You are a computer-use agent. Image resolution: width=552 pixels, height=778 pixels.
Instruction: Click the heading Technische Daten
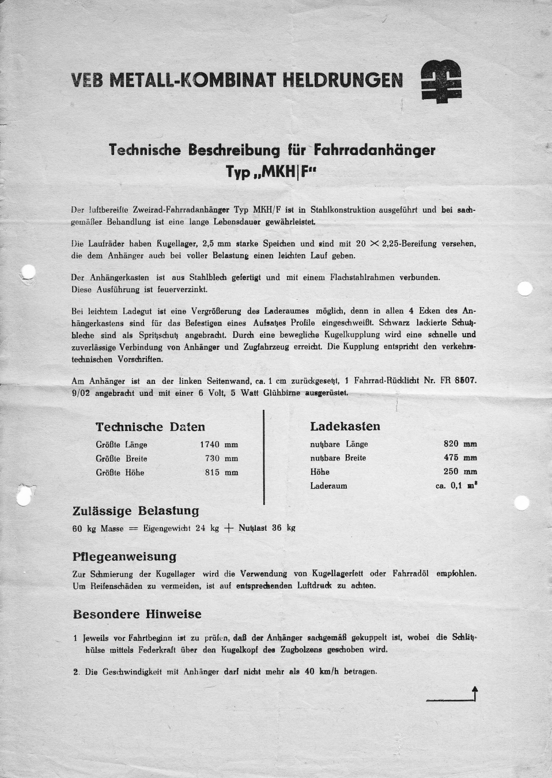tap(150, 427)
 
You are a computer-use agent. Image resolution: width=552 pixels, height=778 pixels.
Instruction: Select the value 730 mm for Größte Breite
tap(221, 459)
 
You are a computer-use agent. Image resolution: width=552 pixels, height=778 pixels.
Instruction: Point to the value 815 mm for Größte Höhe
tap(221, 473)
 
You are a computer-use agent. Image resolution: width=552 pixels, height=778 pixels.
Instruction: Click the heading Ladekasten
tap(345, 426)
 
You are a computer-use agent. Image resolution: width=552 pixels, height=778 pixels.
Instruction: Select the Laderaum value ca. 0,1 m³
tap(456, 486)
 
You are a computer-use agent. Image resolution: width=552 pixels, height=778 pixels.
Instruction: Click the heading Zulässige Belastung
tap(135, 511)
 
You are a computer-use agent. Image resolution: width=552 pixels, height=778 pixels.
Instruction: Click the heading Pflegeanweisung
tap(124, 557)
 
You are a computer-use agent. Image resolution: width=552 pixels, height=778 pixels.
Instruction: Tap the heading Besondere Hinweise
tap(137, 614)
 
